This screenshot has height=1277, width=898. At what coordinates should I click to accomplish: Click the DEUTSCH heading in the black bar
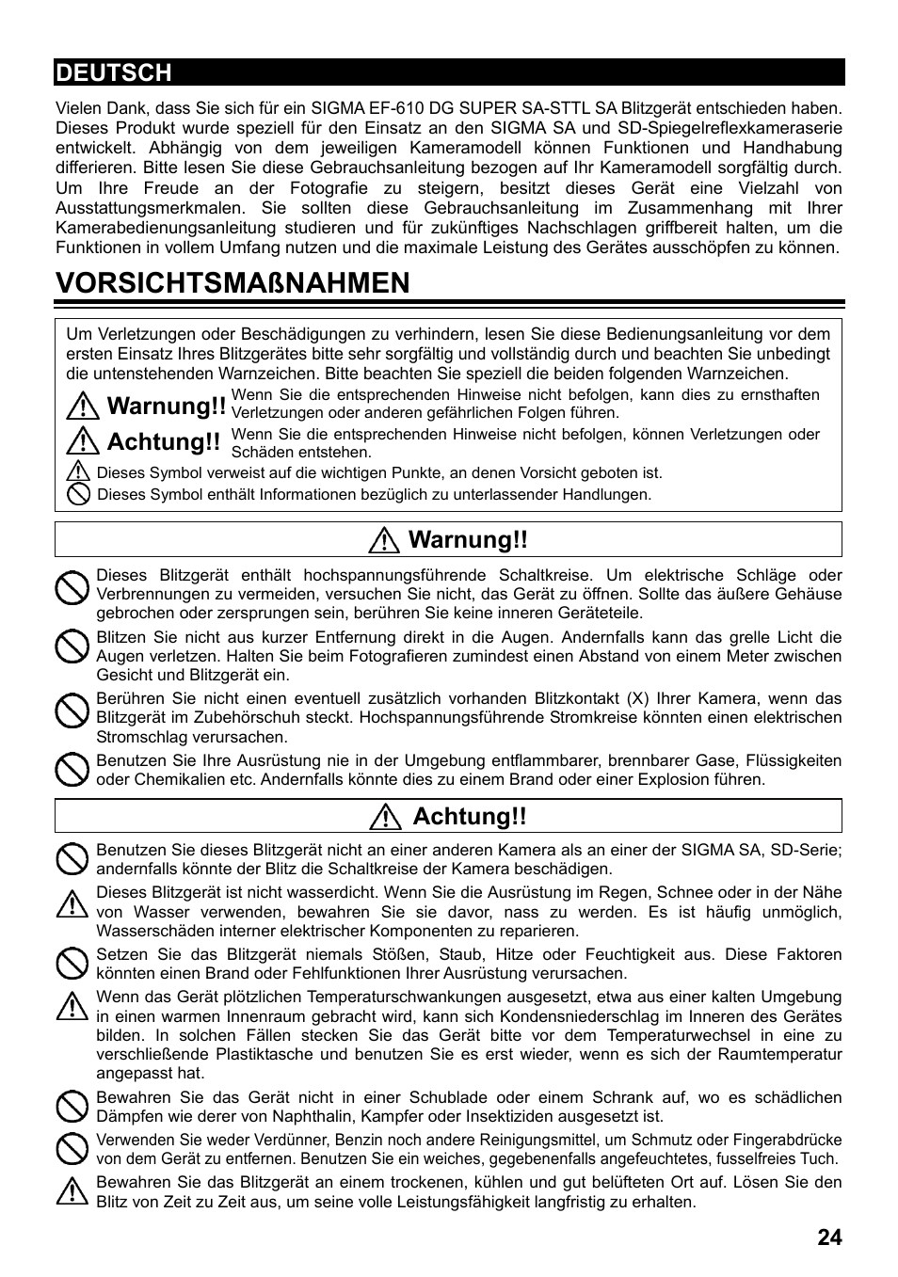click(x=113, y=72)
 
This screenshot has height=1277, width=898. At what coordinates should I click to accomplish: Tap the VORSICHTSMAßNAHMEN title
click(x=233, y=282)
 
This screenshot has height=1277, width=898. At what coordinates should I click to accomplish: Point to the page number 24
click(x=829, y=1237)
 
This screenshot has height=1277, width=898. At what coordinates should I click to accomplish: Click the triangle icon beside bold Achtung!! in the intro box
click(x=84, y=441)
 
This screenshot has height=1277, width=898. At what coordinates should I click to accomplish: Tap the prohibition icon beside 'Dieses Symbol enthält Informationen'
click(x=79, y=494)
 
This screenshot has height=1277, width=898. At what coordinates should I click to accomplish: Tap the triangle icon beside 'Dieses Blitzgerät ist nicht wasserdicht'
click(x=72, y=904)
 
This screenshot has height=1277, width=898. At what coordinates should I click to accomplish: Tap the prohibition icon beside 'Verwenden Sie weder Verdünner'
click(x=72, y=1148)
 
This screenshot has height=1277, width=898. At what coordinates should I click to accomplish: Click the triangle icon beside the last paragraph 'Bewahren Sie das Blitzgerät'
click(x=72, y=1191)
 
